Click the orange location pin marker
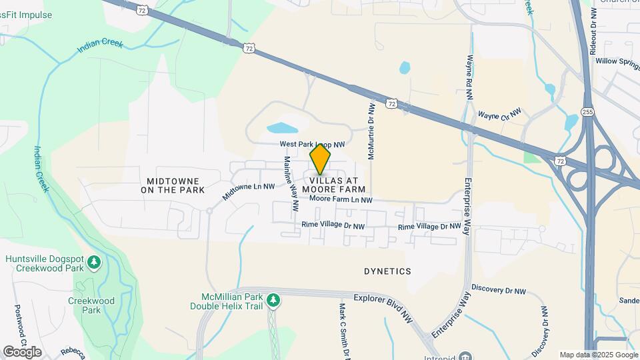320,159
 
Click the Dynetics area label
387,271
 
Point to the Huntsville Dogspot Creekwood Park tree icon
95,261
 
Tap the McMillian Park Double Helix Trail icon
272,301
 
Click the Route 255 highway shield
587,112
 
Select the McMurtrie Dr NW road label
371,131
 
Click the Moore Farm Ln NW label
341,200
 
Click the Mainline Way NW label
291,184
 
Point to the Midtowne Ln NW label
249,191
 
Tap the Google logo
21,352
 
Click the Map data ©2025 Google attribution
599,355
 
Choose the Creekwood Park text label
91,305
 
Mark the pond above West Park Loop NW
283,127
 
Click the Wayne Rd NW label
469,77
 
